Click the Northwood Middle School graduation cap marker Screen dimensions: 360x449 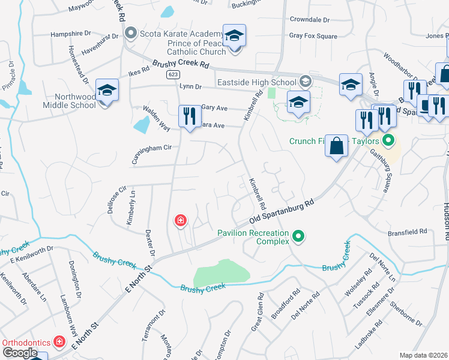pyautogui.click(x=107, y=91)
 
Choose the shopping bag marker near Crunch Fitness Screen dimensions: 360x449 pyautogui.click(x=337, y=145)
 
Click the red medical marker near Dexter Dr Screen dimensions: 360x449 pyautogui.click(x=179, y=221)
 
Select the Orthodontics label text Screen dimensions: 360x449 pyautogui.click(x=26, y=342)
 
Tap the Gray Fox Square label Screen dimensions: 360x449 pyautogui.click(x=313, y=36)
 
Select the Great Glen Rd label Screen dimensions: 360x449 pyautogui.click(x=257, y=312)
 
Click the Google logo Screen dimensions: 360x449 pyautogui.click(x=20, y=352)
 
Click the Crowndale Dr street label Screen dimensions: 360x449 pyautogui.click(x=310, y=20)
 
